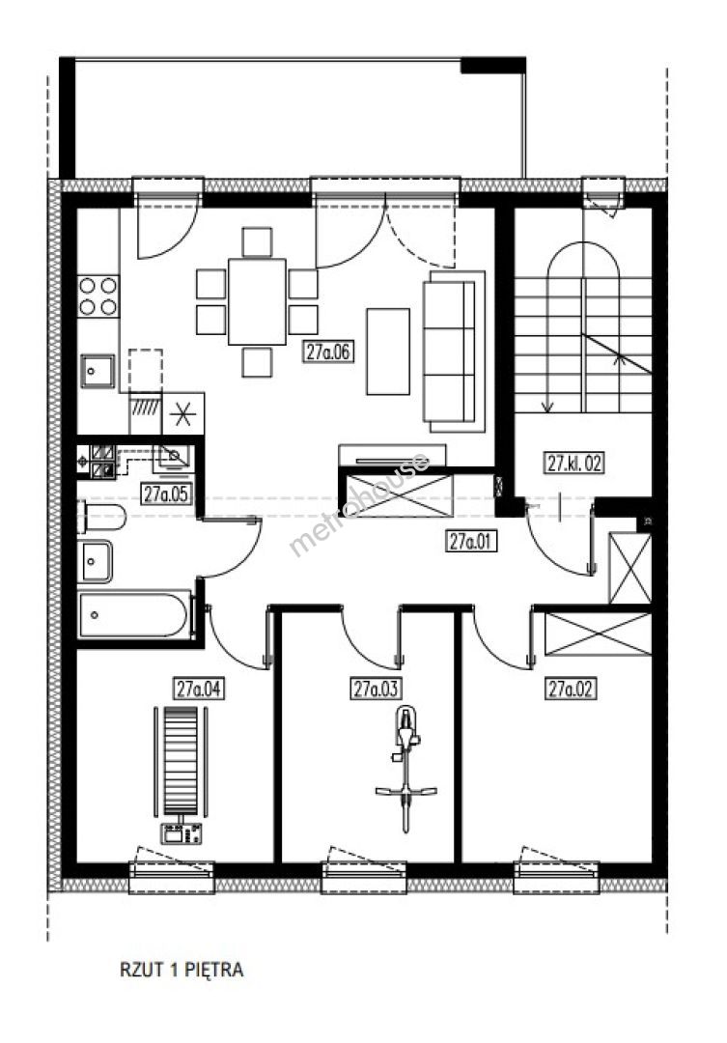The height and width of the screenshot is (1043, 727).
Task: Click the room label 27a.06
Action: (327, 352)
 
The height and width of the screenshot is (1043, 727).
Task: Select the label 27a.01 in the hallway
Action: (470, 542)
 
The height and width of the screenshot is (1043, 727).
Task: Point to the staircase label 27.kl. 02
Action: (574, 463)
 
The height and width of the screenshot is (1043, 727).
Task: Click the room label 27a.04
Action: (198, 689)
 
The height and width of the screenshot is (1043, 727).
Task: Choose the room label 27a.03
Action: (376, 689)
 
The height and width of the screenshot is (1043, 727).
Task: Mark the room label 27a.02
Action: (570, 689)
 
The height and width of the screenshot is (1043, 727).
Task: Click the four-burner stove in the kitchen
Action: (98, 296)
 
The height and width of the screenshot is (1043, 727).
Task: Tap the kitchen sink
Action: (98, 371)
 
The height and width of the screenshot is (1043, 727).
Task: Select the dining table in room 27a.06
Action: (257, 301)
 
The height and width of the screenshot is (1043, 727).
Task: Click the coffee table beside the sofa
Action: (388, 352)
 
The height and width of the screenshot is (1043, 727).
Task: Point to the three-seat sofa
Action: (454, 352)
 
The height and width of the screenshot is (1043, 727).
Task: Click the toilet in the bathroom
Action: (101, 517)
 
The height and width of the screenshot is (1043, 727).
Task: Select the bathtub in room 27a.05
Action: (133, 614)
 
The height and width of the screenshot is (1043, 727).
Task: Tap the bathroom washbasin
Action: (96, 561)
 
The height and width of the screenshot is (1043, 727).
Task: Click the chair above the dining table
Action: (257, 242)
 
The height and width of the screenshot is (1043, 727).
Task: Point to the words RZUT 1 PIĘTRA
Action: (182, 970)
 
